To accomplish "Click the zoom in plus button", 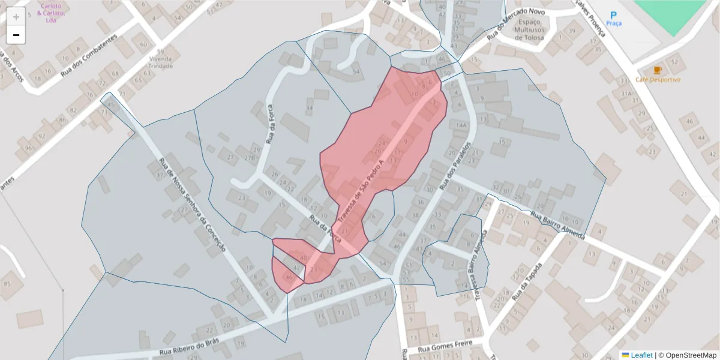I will [x=16, y=17].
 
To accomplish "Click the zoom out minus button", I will [x=16, y=35].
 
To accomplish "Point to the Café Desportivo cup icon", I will [x=658, y=70].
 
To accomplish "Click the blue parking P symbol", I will [x=613, y=14].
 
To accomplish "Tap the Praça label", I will [x=613, y=23].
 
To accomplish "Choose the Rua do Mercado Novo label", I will [x=515, y=23].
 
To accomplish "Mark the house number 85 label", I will [x=7, y=283].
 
